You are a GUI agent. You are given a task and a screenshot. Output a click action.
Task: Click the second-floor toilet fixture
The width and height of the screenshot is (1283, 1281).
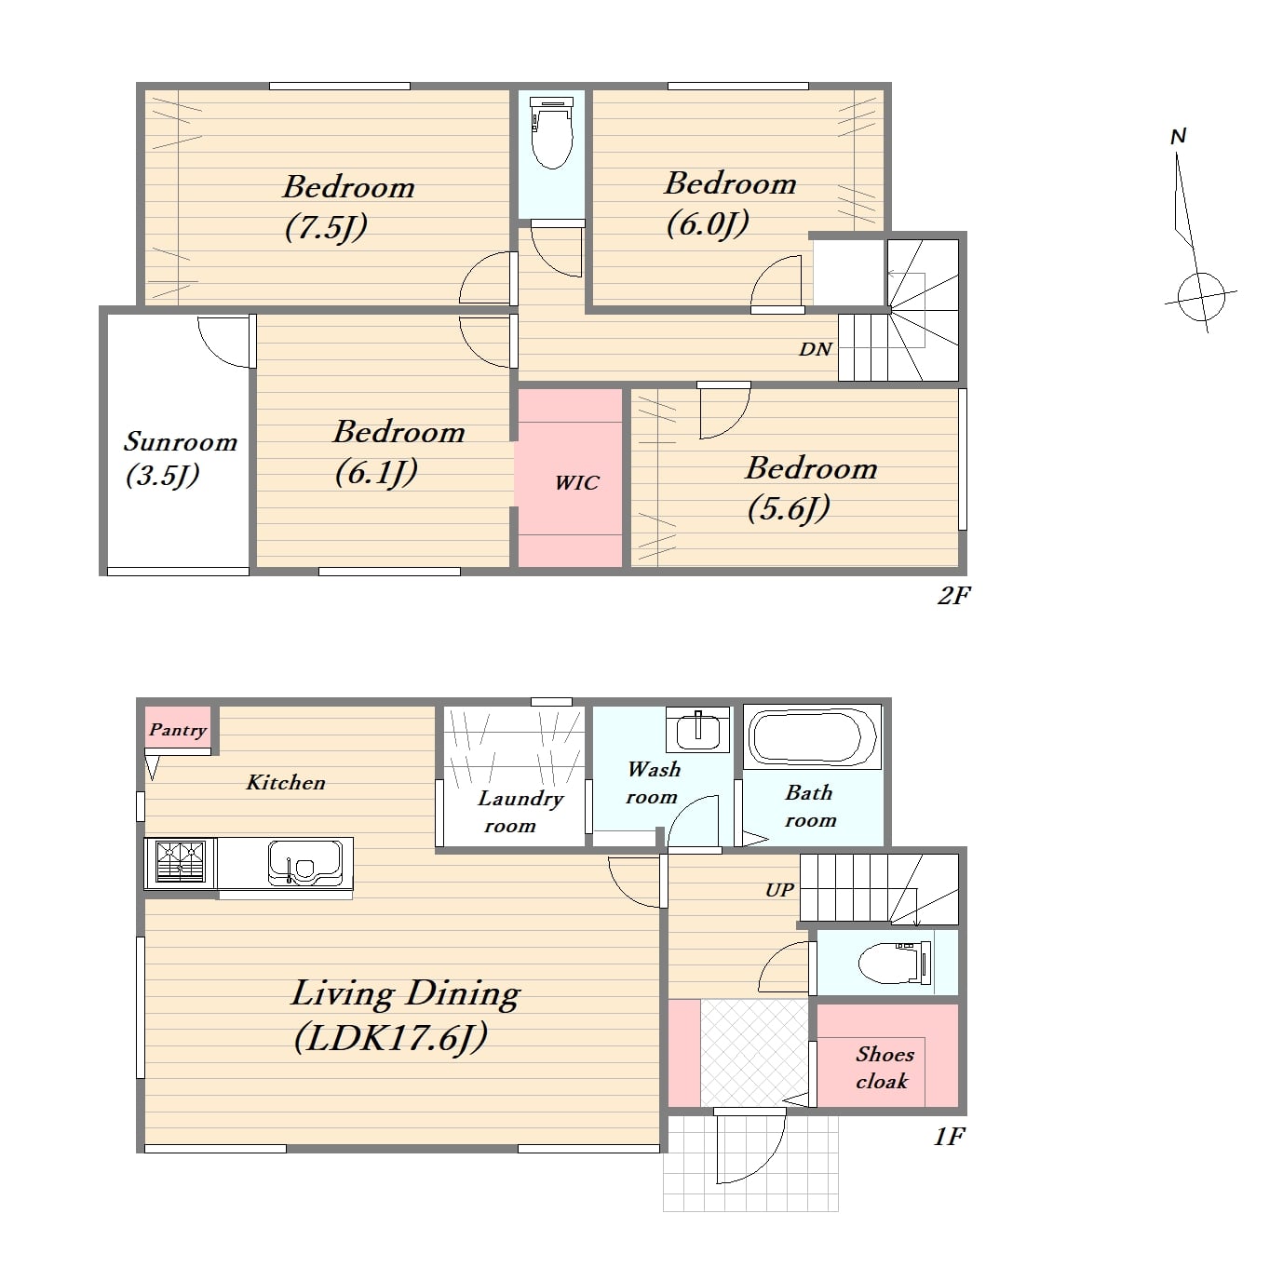point(552,132)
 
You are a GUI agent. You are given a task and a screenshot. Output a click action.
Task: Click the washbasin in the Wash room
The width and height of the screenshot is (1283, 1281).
point(697,731)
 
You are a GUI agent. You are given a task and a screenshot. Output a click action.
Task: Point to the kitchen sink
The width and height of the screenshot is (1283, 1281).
point(305,864)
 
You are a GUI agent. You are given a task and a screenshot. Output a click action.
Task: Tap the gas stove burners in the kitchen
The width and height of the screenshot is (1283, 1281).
point(180,862)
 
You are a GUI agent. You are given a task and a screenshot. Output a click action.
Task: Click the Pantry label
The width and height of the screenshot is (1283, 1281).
point(178,731)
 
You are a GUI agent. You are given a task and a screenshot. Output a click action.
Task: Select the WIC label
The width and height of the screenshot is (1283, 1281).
point(577,483)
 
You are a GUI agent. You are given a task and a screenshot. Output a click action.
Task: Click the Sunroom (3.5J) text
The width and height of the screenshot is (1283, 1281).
point(181,458)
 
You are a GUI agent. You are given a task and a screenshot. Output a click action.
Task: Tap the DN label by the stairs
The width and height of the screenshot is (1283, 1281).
point(815,349)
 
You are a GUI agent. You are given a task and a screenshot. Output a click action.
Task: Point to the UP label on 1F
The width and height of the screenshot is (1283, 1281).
point(779,890)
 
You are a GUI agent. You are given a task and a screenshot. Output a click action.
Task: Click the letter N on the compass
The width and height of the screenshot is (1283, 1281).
point(1178,137)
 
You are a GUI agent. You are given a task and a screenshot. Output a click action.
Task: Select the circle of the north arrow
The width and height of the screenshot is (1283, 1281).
point(1201,296)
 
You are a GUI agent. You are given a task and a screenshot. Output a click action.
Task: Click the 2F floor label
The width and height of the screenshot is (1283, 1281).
point(954,595)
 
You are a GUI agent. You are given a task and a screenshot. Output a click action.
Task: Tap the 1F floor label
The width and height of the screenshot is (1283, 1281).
point(950,1137)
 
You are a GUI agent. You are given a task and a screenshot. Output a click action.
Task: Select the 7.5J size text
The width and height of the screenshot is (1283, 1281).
point(326,228)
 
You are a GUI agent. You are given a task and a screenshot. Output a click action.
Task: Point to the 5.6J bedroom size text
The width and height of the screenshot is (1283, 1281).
point(789,509)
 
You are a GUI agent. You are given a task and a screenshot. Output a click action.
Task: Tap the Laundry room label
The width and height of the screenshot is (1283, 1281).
point(520,812)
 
